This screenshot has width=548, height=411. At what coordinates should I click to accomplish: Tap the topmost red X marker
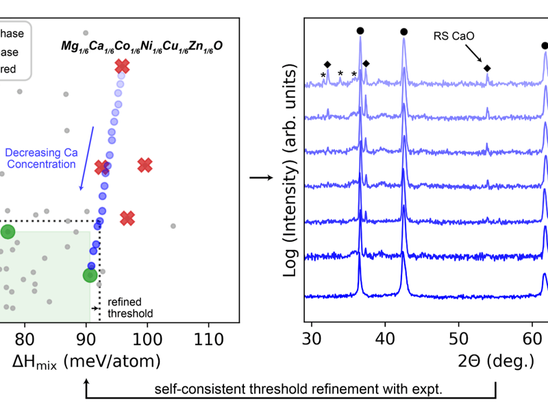point(122,66)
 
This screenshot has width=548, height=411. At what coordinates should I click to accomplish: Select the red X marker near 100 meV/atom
point(145,164)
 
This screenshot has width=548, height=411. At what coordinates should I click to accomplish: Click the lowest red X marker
point(127,218)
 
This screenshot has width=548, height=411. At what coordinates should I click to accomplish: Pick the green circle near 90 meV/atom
point(90,275)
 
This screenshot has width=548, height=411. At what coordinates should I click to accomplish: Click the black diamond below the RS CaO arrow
point(487,68)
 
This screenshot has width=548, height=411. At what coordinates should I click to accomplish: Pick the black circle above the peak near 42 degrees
point(403,32)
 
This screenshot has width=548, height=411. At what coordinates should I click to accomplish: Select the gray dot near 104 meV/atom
point(173,225)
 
